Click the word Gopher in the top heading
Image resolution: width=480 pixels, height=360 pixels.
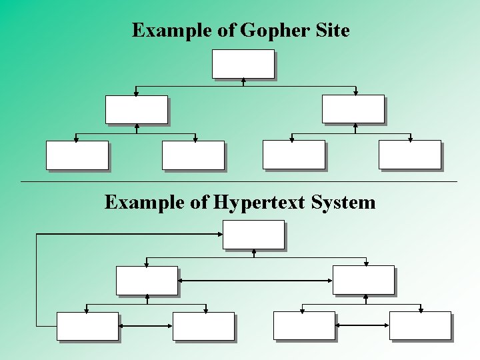click(272, 31)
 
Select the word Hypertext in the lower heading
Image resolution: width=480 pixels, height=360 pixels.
click(260, 202)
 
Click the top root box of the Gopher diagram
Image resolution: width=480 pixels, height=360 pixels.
click(243, 64)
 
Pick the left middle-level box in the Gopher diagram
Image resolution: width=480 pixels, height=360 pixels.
click(136, 109)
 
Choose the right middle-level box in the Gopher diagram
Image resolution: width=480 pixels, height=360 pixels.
click(353, 109)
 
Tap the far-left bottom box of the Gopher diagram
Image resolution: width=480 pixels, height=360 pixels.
click(77, 155)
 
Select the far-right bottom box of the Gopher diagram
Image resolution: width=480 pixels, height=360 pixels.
click(409, 154)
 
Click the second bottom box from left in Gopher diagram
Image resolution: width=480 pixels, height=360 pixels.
click(193, 155)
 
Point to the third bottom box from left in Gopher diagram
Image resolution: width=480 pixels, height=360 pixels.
click(293, 154)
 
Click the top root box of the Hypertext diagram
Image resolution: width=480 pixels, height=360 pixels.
click(253, 235)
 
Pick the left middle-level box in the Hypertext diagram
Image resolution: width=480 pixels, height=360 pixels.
click(147, 280)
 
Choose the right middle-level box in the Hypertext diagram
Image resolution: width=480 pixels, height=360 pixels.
click(363, 280)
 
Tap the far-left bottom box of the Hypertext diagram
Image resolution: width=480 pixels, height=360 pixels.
click(87, 326)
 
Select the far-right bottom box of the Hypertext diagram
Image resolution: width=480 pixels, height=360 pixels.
click(420, 325)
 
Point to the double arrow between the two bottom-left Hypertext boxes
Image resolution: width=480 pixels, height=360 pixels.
click(145, 326)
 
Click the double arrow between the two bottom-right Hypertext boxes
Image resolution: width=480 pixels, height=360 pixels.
click(362, 325)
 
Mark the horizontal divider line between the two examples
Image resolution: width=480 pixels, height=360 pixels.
click(239, 181)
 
